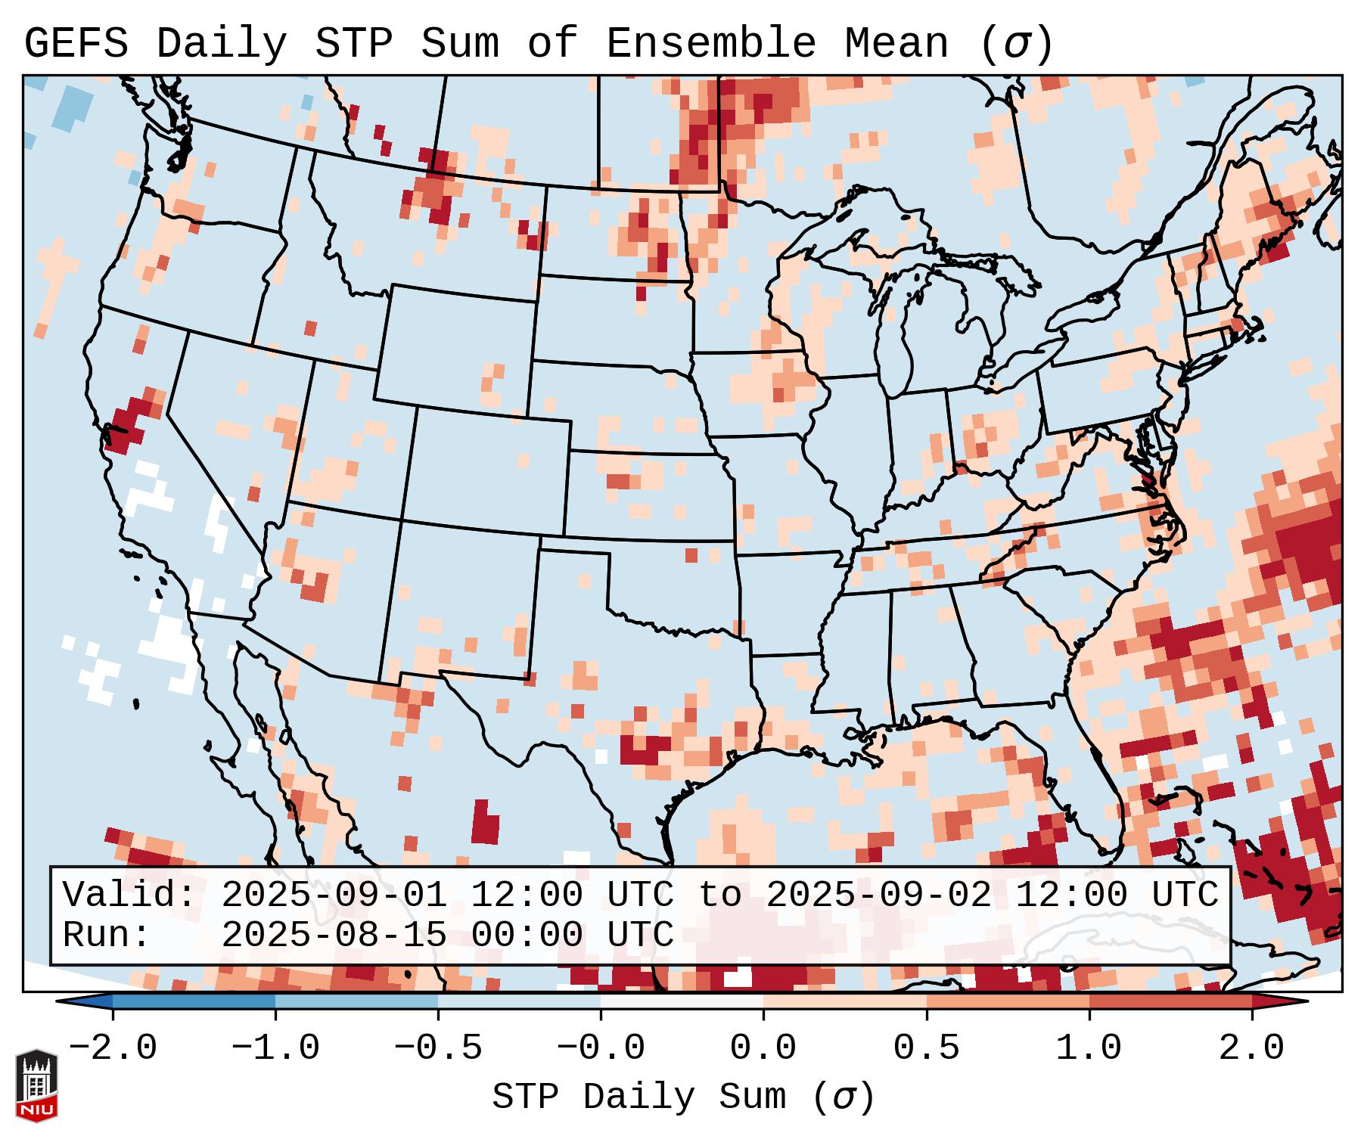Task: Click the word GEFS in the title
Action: (76, 44)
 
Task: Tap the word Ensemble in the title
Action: (710, 44)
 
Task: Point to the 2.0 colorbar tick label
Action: (1251, 1048)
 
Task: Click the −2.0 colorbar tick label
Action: (113, 1048)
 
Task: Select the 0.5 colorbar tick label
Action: (926, 1048)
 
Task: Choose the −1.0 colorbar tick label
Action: (275, 1048)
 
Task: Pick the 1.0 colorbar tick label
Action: (1089, 1048)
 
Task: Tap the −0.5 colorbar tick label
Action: (438, 1048)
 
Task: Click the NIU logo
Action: (36, 1085)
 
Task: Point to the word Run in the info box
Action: (106, 936)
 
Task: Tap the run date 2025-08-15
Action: (334, 936)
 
